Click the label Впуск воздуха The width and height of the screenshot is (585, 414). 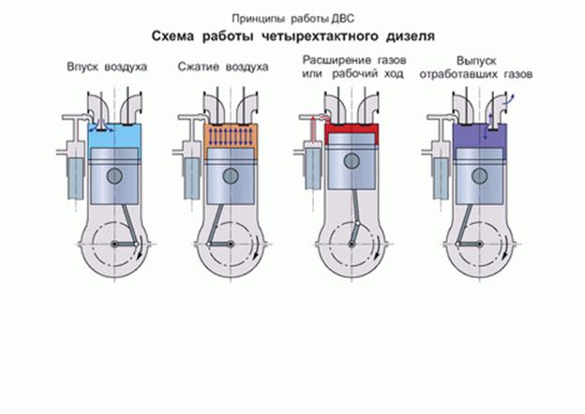coord(107,68)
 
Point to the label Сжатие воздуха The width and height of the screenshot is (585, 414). coord(222,68)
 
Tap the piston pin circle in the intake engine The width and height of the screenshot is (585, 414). coord(114,175)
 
